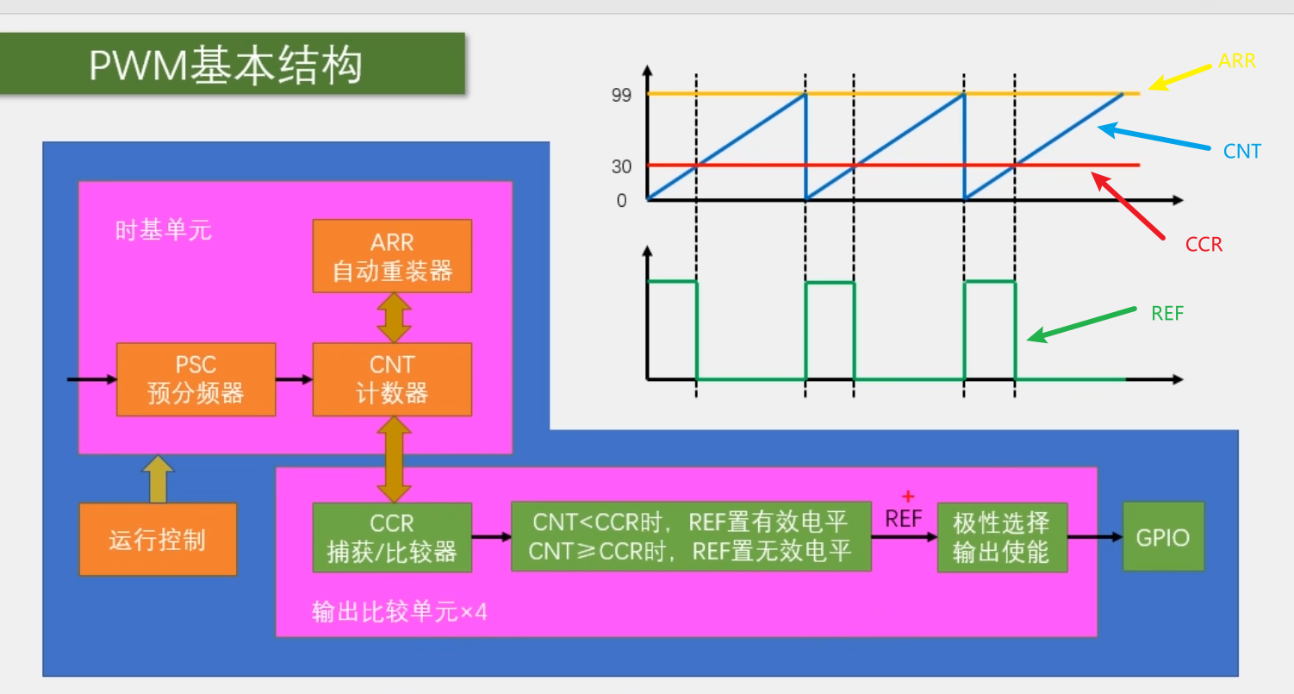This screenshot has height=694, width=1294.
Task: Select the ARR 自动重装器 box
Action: coord(392,256)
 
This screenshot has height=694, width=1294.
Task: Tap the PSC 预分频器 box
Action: coord(196,379)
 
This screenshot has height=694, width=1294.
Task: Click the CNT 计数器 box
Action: coord(392,379)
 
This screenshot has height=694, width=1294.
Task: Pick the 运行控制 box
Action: coord(158,540)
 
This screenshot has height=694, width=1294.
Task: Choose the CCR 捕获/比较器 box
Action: coord(392,537)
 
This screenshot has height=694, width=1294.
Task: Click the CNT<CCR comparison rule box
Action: coord(690,536)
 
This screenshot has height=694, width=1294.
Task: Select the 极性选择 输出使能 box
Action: coord(1002,537)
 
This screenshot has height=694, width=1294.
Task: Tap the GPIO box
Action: coord(1162,537)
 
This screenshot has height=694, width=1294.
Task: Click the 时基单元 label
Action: coord(163,230)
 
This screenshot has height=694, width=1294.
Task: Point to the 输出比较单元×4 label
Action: coord(399,612)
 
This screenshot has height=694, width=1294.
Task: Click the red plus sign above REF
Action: coord(906,497)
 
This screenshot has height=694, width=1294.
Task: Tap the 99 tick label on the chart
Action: coord(621,96)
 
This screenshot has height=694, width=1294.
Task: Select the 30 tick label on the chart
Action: coord(621,166)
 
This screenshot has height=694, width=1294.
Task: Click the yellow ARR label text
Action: coord(1237,61)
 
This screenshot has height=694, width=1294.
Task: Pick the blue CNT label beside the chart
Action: coord(1241,152)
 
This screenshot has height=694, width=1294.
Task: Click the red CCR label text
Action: coord(1204,245)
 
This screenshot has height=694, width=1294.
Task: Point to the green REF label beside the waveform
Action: coord(1167,314)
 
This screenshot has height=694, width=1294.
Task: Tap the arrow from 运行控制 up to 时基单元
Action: coord(158,479)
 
